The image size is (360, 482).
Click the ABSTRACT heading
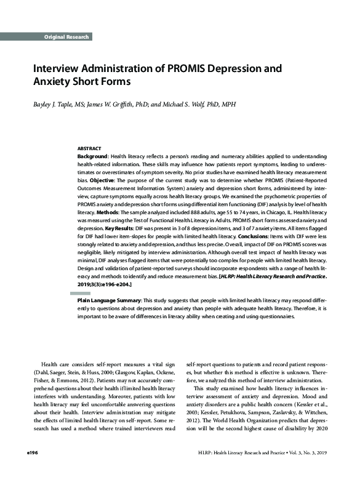coord(89,149)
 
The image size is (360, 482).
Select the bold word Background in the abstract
coord(93,158)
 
